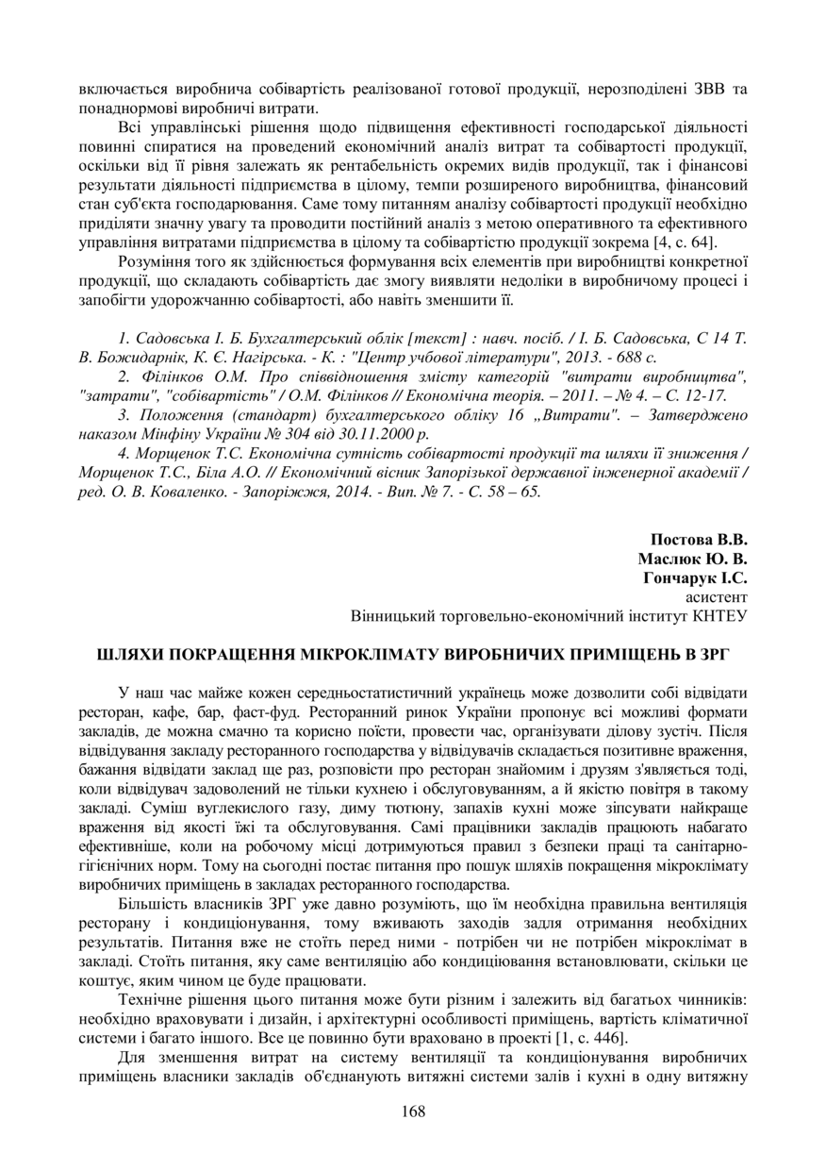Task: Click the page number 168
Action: point(413,1111)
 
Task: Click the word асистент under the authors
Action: point(716,597)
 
